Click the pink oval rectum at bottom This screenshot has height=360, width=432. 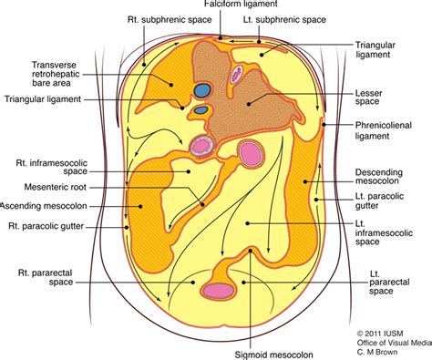click(x=218, y=291)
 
